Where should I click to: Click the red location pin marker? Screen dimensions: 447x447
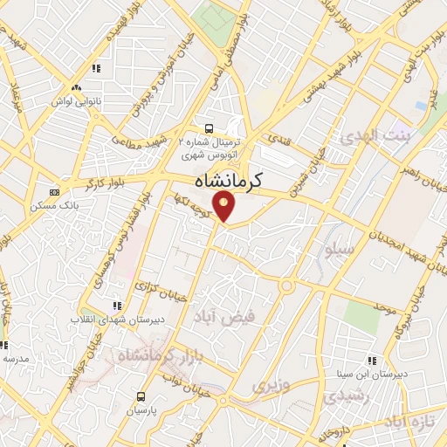click(224, 207)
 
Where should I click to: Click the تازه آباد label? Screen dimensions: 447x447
click(412, 423)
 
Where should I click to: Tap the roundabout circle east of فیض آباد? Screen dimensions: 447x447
click(286, 285)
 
